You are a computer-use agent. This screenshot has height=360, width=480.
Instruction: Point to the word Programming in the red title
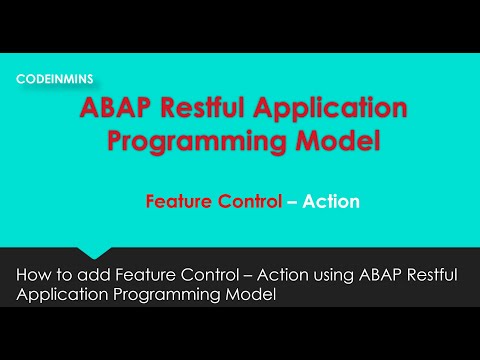point(189,141)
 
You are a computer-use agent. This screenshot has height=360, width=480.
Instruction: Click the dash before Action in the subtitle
point(293,202)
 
